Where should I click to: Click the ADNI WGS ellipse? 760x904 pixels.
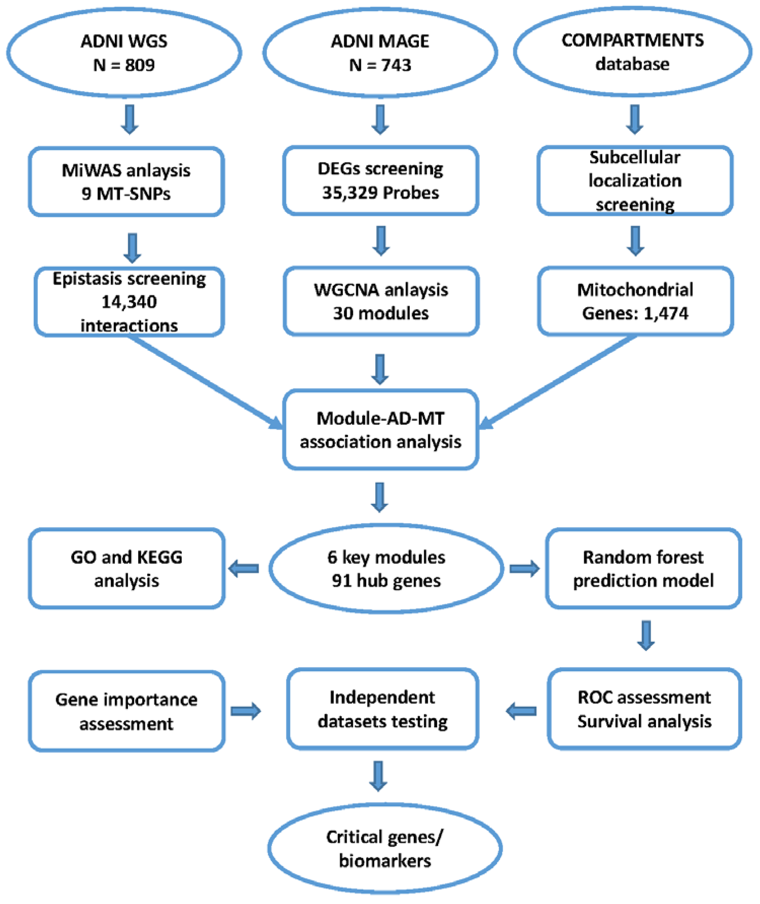124,52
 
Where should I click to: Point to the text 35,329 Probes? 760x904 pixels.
381,193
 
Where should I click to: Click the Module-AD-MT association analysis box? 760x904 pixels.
381,430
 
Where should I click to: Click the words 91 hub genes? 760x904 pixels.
386,581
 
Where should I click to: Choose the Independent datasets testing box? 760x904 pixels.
383,709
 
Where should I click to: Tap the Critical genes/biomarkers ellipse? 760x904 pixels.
385,848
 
